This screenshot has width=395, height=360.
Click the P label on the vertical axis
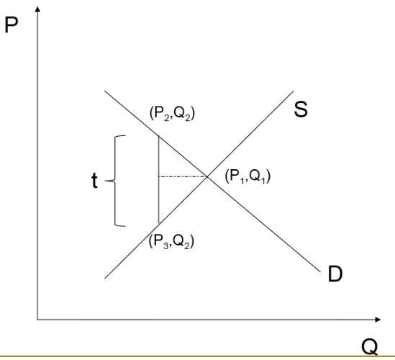[x=12, y=25]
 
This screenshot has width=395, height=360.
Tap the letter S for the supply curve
[x=301, y=109]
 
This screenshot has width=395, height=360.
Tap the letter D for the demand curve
[x=335, y=274]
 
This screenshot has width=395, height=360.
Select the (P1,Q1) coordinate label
[x=248, y=176]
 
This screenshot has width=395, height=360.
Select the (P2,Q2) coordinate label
[x=172, y=113]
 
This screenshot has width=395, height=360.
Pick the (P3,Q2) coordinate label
[x=171, y=241]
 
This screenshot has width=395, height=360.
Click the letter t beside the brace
[x=94, y=181]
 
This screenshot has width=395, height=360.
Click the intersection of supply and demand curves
[x=207, y=177]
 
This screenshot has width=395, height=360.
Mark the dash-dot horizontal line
[x=183, y=176]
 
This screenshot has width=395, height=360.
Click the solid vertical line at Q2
[x=159, y=179]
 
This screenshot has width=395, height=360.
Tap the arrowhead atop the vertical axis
[x=37, y=9]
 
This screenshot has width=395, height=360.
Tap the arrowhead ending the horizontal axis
[x=378, y=320]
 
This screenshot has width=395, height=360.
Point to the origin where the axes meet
[x=37, y=320]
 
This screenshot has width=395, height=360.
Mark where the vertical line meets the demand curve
[x=159, y=135]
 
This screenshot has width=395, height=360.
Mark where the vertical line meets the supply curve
[x=159, y=223]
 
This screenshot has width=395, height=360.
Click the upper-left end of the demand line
[x=105, y=91]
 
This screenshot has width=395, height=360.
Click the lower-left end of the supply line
[x=105, y=279]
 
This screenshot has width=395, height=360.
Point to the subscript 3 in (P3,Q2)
[x=165, y=246]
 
